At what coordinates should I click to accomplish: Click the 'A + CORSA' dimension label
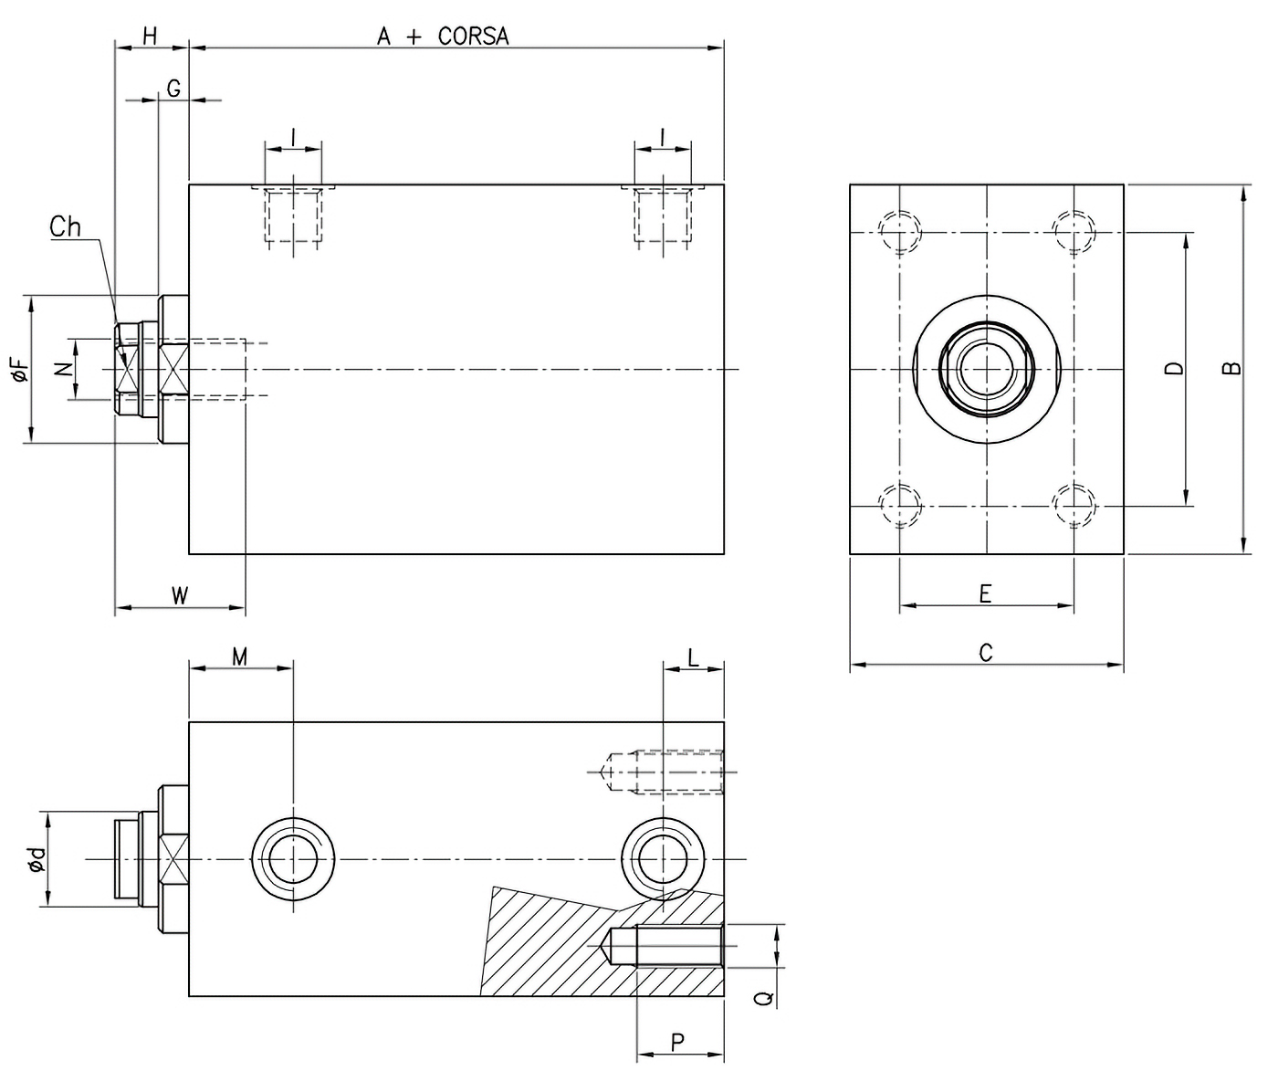coord(443,36)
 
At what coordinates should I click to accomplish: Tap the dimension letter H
coord(151,36)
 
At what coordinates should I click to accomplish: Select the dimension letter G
coord(173,88)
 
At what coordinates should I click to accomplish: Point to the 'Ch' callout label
coord(65,226)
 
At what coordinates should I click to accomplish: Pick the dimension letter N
coord(61,369)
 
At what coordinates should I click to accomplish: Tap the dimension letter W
coord(180,596)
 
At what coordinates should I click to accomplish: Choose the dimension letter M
coord(239,657)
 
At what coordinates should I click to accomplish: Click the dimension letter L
coord(693,657)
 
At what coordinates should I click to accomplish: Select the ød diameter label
coord(35,859)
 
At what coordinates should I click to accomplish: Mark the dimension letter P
coord(678,1042)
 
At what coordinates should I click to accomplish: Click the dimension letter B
coord(1231,368)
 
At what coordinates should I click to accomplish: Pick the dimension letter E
coord(985,594)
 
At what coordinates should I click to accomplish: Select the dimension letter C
coord(985,653)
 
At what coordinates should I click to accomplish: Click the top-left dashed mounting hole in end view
coord(899,232)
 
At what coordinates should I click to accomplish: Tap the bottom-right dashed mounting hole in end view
coord(1074,505)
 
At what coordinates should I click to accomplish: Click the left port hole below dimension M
coord(293,859)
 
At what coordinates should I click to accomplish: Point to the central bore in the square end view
coord(986,369)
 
